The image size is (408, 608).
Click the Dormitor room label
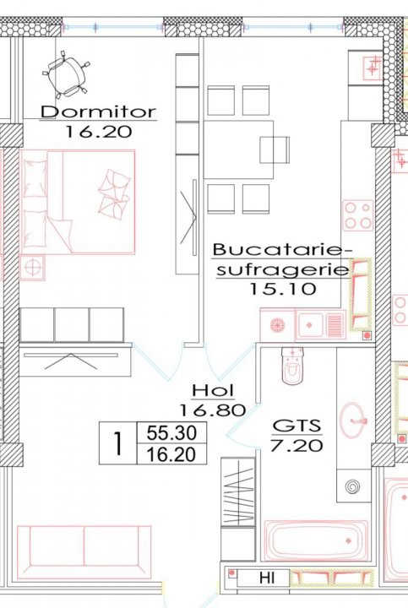pyautogui.click(x=99, y=112)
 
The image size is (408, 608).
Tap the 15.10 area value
pyautogui.click(x=282, y=289)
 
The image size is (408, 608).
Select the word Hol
pyautogui.click(x=213, y=390)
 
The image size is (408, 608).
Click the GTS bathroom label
pyautogui.click(x=297, y=426)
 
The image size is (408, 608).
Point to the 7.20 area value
pyautogui.click(x=296, y=446)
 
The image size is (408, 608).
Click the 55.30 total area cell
pyautogui.click(x=171, y=432)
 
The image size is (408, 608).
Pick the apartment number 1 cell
pyautogui.click(x=118, y=443)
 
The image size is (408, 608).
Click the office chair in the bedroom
pyautogui.click(x=65, y=74)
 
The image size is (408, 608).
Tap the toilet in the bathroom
pyautogui.click(x=293, y=366)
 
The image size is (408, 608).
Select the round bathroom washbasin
pyautogui.click(x=353, y=420)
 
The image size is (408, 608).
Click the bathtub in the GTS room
pyautogui.click(x=316, y=540)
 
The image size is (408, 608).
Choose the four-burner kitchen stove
pyautogui.click(x=358, y=215)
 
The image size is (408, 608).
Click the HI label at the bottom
pyautogui.click(x=267, y=578)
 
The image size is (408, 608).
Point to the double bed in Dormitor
pyautogui.click(x=78, y=202)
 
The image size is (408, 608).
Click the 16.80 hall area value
pyautogui.click(x=213, y=410)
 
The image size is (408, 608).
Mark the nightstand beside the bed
pyautogui.click(x=32, y=267)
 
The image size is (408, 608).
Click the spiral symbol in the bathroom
pyautogui.click(x=353, y=486)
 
